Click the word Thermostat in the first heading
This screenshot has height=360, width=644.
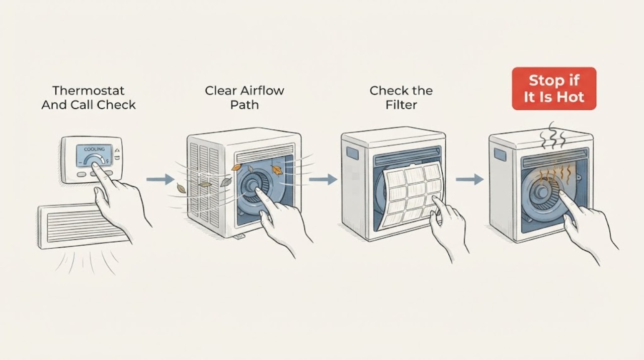pos(88,91)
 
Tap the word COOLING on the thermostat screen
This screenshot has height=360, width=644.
pos(94,150)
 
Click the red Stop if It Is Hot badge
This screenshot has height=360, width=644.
pos(554,88)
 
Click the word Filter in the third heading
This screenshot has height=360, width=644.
pos(401,105)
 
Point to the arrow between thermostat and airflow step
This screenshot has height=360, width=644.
pos(160,180)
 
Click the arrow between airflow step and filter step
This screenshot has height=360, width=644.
pos(323,180)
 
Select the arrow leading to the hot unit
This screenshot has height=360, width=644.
pos(470,180)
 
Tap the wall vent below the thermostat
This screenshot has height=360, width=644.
pos(84,226)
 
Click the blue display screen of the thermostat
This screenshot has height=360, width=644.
pos(94,156)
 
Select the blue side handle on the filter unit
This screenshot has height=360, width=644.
pos(352,153)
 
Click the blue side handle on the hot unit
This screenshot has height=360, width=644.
pos(500,155)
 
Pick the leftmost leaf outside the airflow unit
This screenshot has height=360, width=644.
pos(181,188)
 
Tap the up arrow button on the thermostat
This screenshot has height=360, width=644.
pos(117,150)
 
